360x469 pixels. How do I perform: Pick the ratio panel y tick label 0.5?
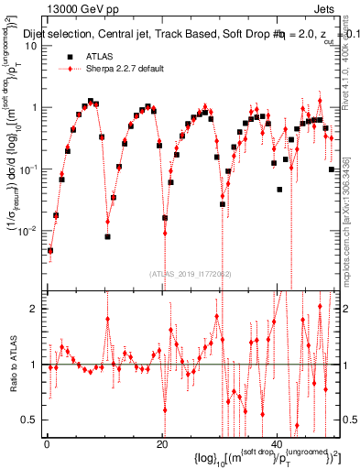click(31, 420)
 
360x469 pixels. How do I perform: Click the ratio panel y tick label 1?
click(35, 365)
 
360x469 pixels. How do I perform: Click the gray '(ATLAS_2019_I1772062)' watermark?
click(191, 272)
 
